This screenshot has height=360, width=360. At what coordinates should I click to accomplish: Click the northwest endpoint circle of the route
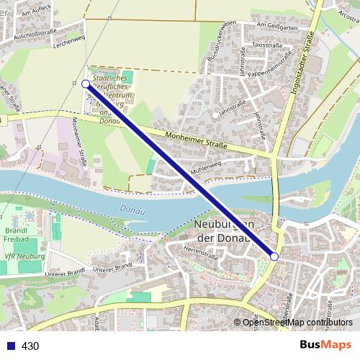tap(86, 84)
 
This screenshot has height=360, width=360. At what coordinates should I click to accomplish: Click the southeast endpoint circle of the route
tap(274, 256)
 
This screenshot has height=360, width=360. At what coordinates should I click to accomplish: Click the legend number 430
tap(30, 346)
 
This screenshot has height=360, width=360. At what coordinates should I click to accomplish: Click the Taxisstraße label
tap(268, 45)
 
